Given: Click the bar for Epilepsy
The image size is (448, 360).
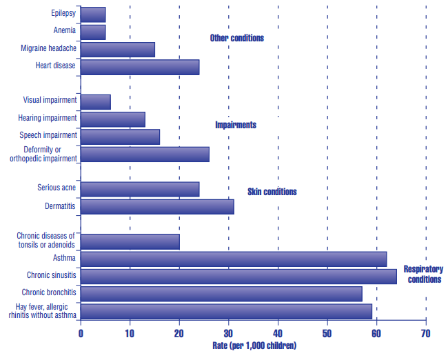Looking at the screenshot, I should click(93, 14).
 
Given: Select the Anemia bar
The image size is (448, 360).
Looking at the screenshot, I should click(93, 32).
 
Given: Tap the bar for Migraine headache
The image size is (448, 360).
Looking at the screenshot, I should click(117, 50).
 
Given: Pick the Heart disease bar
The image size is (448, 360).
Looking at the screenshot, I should click(140, 67).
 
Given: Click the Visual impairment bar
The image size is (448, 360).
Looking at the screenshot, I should click(95, 102).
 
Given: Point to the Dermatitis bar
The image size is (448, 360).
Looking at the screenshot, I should click(157, 206).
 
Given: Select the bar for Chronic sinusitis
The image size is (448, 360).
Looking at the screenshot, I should click(238, 277).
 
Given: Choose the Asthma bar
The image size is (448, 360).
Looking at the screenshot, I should click(234, 259).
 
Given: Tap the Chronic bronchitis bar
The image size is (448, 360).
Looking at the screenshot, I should click(221, 294).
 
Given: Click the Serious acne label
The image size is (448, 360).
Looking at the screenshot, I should click(57, 188).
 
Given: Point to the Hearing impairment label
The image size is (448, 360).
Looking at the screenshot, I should click(47, 118).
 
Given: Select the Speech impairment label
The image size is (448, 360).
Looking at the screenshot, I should click(50, 135).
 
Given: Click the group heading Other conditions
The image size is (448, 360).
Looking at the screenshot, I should click(236, 39).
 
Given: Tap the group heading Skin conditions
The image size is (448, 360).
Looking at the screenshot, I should click(272, 192).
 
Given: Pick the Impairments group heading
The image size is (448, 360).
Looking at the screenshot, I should click(235, 125).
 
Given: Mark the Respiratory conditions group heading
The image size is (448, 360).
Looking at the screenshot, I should click(422, 274).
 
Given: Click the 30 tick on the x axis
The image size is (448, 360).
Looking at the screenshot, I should click(228, 333).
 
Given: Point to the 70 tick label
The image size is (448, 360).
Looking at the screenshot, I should click(425, 333).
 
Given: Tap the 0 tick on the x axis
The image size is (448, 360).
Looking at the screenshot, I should click(81, 333).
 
